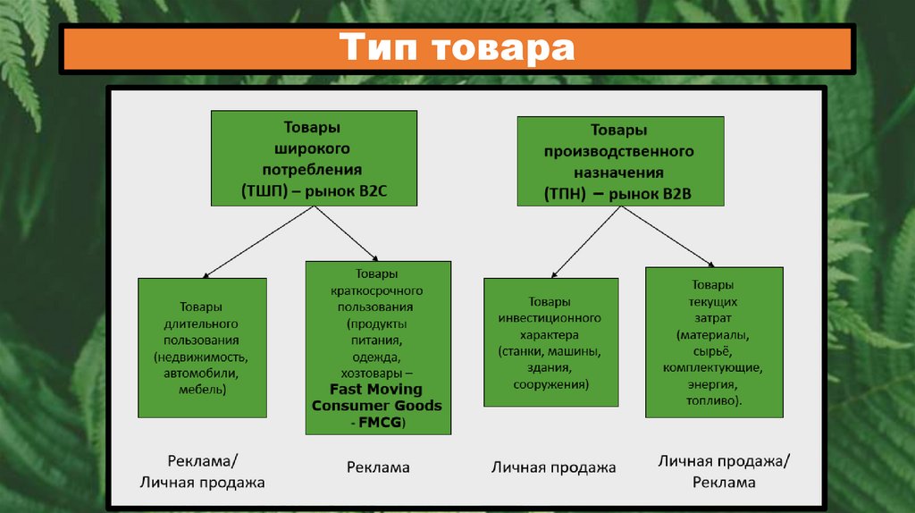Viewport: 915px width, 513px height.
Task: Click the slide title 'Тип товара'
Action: click(456, 48)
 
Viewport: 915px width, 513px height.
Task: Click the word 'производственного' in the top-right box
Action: click(619, 151)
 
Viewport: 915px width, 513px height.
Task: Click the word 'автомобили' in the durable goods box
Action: click(201, 374)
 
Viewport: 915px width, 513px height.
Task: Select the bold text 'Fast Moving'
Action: click(376, 390)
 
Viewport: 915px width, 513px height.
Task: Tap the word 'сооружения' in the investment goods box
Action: click(550, 384)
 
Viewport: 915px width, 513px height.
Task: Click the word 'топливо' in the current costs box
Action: click(712, 401)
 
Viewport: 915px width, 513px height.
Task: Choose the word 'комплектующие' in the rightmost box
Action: click(712, 367)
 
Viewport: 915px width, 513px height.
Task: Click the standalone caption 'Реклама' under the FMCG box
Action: click(378, 467)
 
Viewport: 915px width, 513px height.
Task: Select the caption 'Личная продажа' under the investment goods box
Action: click(553, 467)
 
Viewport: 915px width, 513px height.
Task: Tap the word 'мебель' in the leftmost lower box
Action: click(201, 390)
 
